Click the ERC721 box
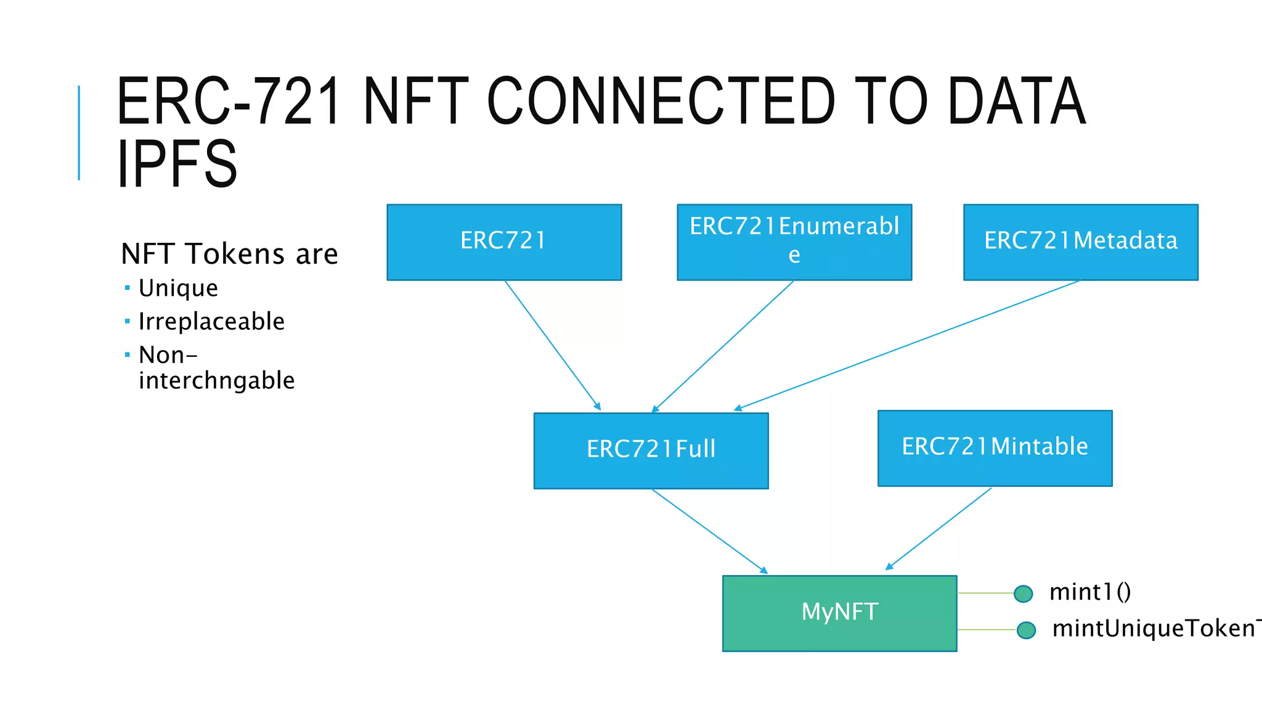504,242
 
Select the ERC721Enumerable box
794,242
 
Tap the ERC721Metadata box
1080,242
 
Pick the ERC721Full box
651,450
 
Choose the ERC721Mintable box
995,447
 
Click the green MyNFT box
839,613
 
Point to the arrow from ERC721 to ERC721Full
552,345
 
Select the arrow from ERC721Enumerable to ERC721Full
723,346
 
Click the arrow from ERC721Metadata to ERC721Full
906,345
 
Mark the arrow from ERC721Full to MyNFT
709,531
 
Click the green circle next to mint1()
1023,594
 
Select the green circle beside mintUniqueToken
1026,630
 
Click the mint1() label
1090,592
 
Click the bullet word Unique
178,288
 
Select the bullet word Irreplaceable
211,322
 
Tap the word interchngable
216,381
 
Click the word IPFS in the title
177,163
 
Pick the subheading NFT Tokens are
229,254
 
